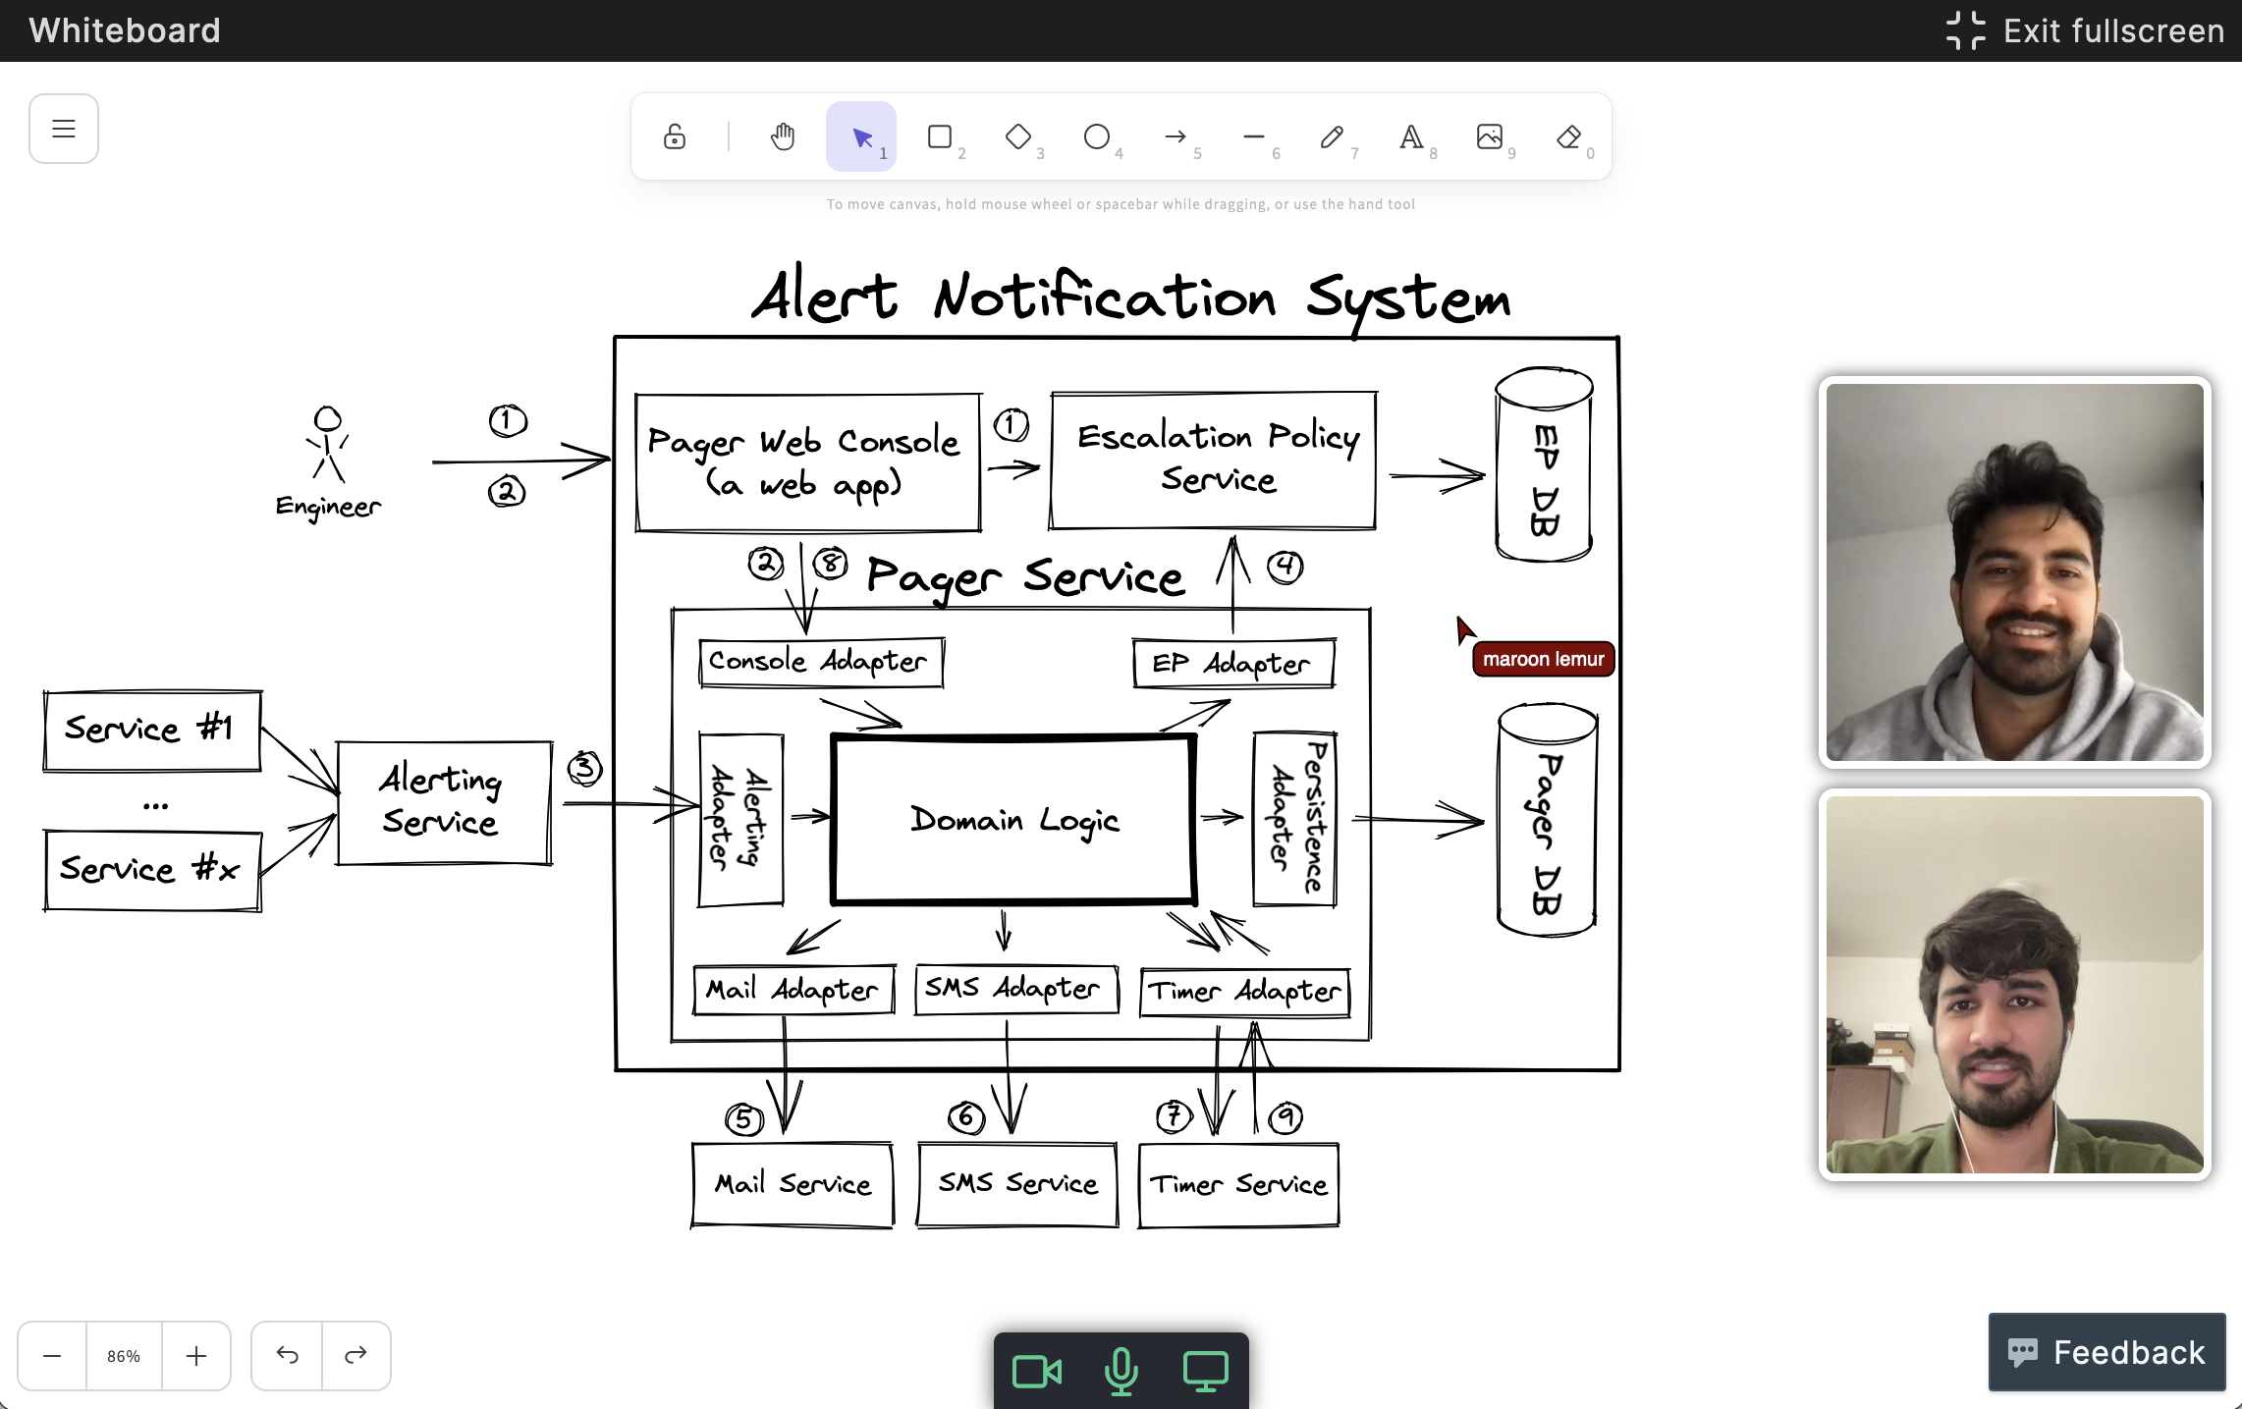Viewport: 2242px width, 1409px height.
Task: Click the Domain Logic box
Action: tap(1013, 819)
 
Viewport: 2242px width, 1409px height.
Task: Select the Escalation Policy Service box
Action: tap(1214, 460)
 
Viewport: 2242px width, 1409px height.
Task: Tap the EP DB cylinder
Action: tap(1544, 465)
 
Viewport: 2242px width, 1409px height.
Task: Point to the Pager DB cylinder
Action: tap(1547, 820)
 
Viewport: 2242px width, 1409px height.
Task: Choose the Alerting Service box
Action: tap(444, 802)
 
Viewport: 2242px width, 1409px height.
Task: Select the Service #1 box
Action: tap(152, 731)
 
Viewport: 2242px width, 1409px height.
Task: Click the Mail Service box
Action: tap(793, 1184)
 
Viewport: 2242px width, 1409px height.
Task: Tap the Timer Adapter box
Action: tap(1244, 992)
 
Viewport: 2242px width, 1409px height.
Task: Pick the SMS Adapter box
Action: tap(1015, 989)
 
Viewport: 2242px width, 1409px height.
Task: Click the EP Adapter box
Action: tap(1233, 664)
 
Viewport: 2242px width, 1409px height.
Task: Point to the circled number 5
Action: tap(743, 1119)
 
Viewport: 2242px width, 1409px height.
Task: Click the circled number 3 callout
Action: tap(584, 768)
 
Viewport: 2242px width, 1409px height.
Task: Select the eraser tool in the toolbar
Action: tap(1569, 136)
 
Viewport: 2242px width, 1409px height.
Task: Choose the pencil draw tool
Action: tap(1332, 136)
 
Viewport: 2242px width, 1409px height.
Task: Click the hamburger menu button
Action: tap(64, 129)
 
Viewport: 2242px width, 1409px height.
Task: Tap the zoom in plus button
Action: tap(196, 1356)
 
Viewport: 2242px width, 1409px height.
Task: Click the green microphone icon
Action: tap(1121, 1371)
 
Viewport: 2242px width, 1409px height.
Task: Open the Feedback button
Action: tap(2106, 1352)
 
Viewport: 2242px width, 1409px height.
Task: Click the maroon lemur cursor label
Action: tap(1543, 659)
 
